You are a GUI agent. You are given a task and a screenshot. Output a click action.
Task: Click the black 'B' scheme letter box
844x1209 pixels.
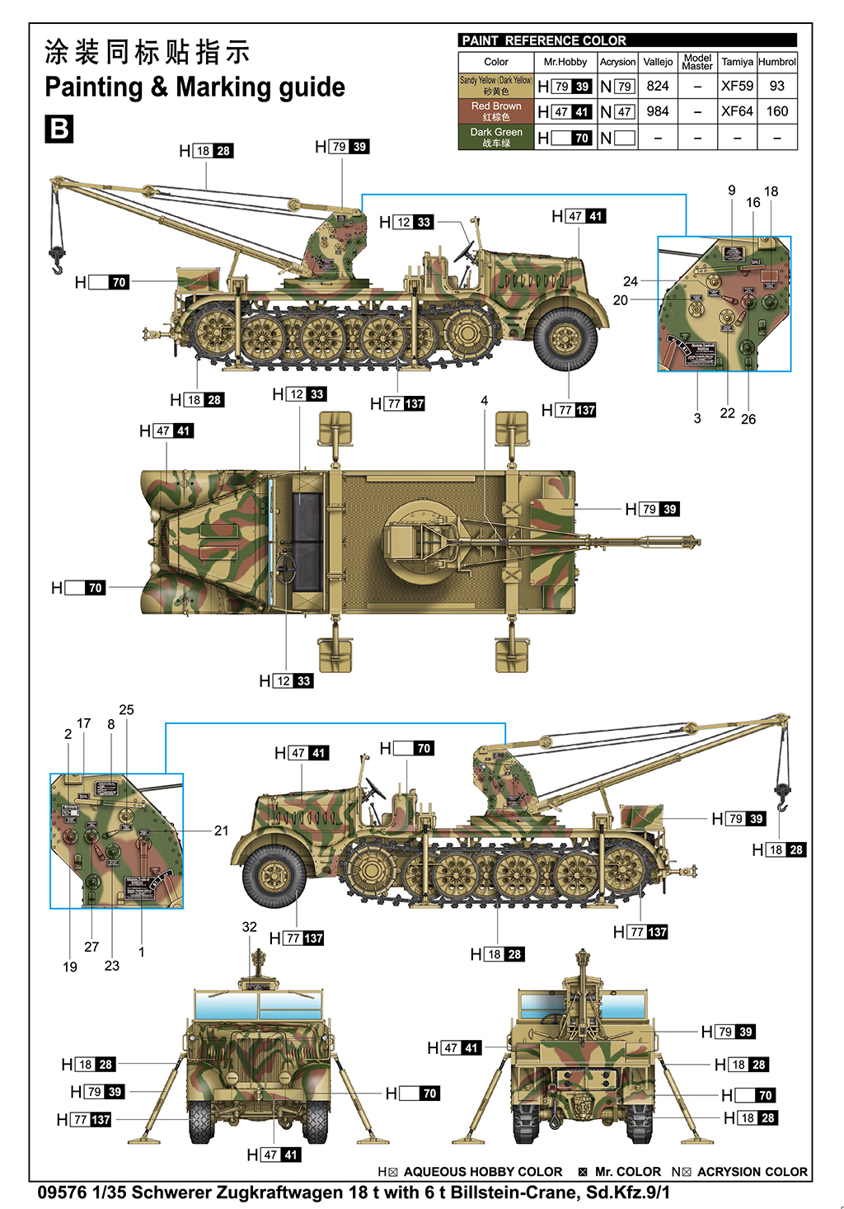tap(59, 129)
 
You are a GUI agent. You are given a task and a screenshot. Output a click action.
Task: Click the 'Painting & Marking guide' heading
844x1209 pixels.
tap(195, 87)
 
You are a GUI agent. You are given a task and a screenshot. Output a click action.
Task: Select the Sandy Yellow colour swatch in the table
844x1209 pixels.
tap(496, 86)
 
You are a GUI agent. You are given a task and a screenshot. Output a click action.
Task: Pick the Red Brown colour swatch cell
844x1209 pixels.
tap(496, 111)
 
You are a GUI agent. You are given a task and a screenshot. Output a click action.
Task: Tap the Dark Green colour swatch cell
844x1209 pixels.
tap(496, 137)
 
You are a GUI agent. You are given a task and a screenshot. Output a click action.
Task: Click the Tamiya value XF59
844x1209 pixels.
tap(737, 86)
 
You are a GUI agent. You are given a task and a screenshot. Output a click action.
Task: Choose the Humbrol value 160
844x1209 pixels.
tap(777, 111)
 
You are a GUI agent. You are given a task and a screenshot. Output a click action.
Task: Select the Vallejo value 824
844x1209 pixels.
tap(658, 86)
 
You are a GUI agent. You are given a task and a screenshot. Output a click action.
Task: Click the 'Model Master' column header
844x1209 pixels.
tap(697, 62)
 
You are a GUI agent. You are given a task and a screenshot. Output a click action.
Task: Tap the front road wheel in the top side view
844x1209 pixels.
tap(565, 339)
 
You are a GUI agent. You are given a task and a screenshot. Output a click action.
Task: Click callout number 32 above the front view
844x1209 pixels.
tap(250, 927)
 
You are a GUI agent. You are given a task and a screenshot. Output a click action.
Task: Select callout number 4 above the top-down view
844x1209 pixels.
tap(485, 401)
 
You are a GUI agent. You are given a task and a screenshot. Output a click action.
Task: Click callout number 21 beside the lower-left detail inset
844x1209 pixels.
tap(222, 830)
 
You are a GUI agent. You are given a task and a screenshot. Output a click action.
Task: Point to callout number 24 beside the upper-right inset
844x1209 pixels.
tap(631, 281)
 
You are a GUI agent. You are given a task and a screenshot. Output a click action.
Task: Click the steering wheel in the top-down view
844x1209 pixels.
tap(287, 567)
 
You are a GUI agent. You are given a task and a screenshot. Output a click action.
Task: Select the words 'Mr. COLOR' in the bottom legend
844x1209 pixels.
tap(627, 1172)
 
